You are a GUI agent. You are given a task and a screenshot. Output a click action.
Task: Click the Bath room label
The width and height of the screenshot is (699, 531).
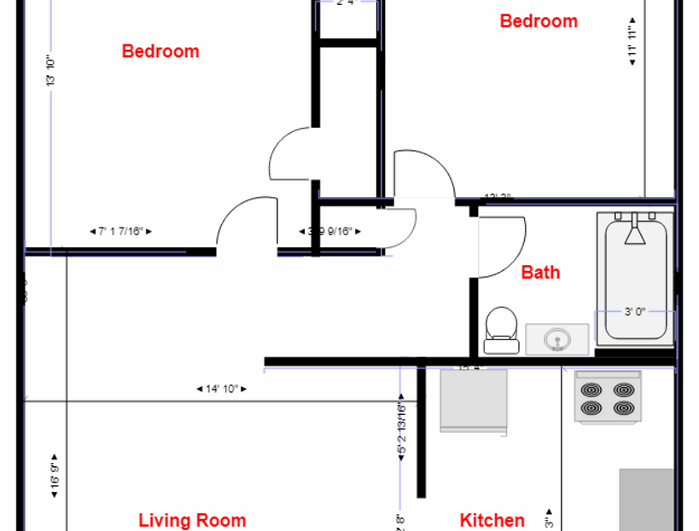pyautogui.click(x=540, y=273)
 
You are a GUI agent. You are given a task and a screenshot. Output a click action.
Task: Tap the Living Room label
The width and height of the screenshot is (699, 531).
pyautogui.click(x=192, y=520)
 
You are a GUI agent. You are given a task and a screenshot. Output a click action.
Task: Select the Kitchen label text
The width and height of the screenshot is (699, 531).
pyautogui.click(x=492, y=520)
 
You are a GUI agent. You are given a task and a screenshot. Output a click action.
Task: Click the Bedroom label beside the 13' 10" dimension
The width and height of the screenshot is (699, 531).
pyautogui.click(x=160, y=51)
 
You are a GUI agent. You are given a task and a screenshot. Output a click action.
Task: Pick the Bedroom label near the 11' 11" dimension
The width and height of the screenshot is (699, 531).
pyautogui.click(x=538, y=21)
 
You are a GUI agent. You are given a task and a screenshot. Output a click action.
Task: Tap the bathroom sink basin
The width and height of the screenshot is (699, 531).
pyautogui.click(x=557, y=339)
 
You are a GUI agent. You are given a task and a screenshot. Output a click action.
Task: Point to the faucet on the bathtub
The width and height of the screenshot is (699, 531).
pyautogui.click(x=634, y=230)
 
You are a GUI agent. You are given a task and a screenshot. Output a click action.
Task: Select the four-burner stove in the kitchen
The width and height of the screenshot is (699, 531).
pyautogui.click(x=608, y=397)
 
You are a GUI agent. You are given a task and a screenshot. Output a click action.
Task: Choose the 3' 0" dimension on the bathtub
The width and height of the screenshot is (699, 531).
pyautogui.click(x=634, y=312)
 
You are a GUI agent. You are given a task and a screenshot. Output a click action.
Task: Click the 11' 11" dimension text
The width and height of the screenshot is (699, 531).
pyautogui.click(x=632, y=39)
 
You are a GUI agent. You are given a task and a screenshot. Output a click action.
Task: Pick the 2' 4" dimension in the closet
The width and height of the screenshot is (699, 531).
pyautogui.click(x=346, y=3)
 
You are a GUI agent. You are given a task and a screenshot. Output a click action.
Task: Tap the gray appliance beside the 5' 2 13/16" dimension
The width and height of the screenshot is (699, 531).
pyautogui.click(x=473, y=401)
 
